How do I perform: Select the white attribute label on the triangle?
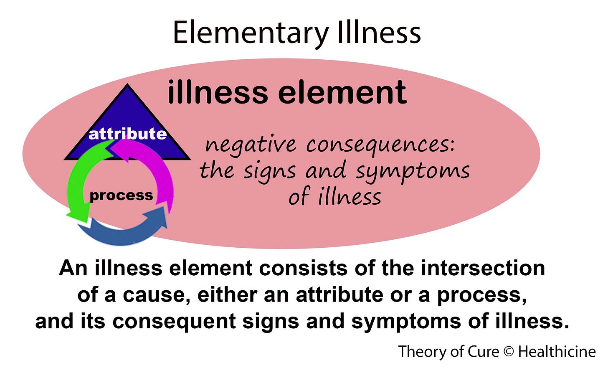click(x=127, y=134)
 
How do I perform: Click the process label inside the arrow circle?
click(x=121, y=195)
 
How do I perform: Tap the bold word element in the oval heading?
click(x=342, y=93)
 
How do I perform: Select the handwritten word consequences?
click(x=380, y=145)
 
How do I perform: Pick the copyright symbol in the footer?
click(x=509, y=352)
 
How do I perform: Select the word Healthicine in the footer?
click(x=557, y=352)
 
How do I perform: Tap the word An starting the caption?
click(x=73, y=268)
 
